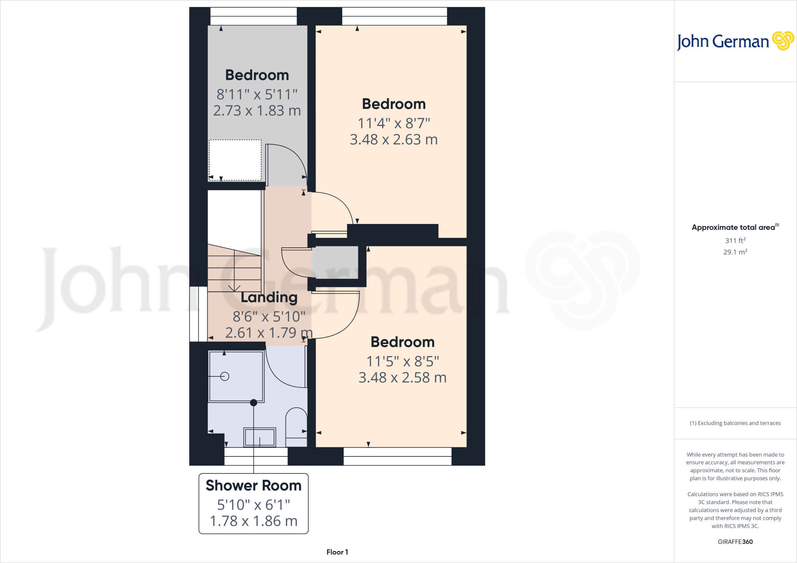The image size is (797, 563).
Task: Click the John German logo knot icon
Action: pos(783,41)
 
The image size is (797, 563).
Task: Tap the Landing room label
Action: pos(269,297)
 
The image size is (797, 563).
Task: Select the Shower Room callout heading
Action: pos(253,486)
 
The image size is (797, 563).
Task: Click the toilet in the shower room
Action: pos(297,427)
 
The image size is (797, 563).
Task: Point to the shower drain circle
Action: pos(225,376)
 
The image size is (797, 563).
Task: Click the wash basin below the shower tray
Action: pos(260,437)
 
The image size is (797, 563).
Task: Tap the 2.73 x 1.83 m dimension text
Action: pos(257,111)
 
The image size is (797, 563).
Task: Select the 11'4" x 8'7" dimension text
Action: pos(393,123)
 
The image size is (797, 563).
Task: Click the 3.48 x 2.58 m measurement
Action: pos(402,378)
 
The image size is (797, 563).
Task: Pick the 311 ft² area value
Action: pos(735,241)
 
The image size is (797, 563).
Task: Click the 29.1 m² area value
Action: pos(735,252)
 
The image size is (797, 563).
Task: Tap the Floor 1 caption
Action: pos(337,552)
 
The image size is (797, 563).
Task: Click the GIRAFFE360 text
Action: pos(735,542)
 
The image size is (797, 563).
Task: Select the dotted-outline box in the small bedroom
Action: pos(235,160)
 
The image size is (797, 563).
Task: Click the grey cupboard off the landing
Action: pos(335,262)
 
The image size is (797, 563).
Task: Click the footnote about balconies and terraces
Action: pos(735,423)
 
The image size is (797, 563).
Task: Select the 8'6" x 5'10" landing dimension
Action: pos(269,317)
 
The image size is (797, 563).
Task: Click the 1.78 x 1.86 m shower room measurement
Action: pos(253,521)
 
